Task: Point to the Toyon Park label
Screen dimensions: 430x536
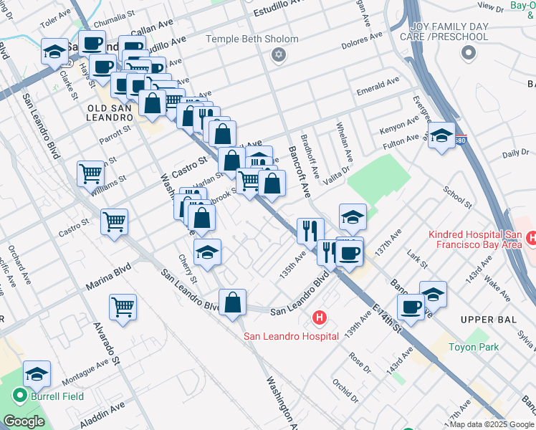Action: point(472,348)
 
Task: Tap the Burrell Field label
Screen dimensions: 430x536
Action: point(57,396)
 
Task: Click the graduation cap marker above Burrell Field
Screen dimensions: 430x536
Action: point(37,374)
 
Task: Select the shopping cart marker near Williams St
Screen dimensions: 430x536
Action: point(90,173)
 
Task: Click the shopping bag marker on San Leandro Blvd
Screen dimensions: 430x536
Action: point(233,302)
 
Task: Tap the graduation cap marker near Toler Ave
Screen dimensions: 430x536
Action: point(54,51)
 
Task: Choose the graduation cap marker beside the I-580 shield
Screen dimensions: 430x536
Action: point(442,134)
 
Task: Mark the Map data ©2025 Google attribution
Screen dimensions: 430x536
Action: point(491,424)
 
